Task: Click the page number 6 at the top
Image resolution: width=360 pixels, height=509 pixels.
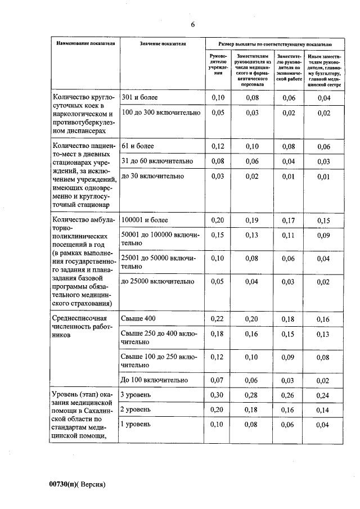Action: coord(192,25)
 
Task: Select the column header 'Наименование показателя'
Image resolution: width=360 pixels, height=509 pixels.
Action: coord(84,43)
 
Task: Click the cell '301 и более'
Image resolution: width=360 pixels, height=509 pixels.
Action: coord(139,98)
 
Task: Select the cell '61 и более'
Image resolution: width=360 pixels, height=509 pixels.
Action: coord(138,146)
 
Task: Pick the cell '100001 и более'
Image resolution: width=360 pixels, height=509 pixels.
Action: coord(144,220)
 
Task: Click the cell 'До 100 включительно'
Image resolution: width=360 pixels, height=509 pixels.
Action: coord(154,380)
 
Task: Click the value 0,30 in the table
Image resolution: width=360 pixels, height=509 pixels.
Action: coord(217,395)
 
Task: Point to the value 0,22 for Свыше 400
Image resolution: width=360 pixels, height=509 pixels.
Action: coord(217,319)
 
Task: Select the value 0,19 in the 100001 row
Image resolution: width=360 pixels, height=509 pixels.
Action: coord(251,220)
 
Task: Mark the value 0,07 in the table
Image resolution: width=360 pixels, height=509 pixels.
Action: coord(217,380)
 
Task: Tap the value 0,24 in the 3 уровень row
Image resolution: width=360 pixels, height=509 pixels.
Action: coord(323,395)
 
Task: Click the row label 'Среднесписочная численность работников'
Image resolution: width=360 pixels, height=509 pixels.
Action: coord(79,326)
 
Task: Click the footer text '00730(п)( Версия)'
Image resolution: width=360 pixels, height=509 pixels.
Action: coord(78,484)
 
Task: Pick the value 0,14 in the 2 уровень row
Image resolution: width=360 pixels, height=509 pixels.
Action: coord(323,410)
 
